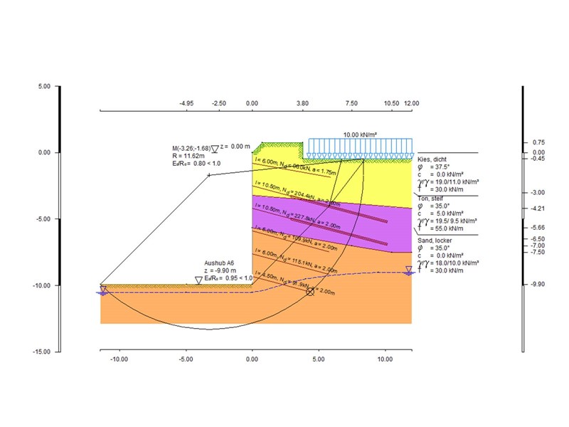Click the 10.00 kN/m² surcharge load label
(361, 135)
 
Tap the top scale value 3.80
(302, 103)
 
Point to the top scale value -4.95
(186, 103)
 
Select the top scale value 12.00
(411, 103)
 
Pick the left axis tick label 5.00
(44, 86)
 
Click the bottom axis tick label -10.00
(118, 360)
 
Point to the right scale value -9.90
(539, 284)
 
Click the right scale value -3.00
(539, 193)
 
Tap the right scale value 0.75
(539, 142)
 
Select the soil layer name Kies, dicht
(434, 160)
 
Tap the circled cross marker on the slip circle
(309, 292)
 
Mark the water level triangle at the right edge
(409, 270)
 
